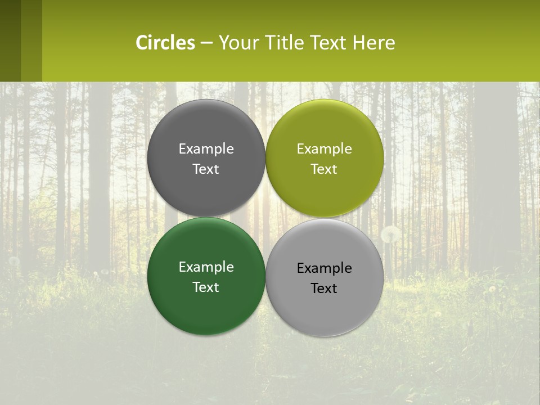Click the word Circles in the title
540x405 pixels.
165,43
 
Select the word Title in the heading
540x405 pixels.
286,43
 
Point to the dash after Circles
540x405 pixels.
206,43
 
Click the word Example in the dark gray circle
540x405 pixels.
206,149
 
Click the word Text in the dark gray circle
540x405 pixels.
206,169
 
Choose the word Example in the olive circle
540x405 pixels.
324,149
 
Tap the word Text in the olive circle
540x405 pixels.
324,169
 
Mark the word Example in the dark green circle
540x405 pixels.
206,267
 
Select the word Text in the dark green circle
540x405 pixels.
206,287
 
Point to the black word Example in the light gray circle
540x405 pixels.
324,268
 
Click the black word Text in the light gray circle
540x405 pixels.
324,289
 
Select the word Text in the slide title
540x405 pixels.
328,43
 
